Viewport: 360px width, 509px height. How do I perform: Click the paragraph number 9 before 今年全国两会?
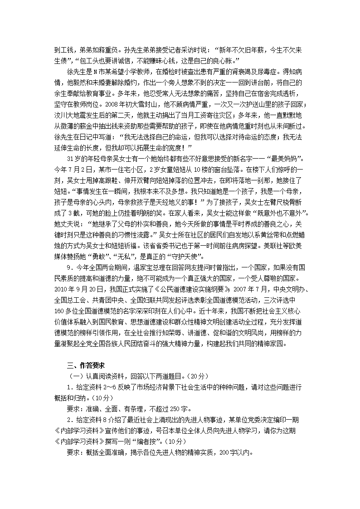[68, 267]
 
